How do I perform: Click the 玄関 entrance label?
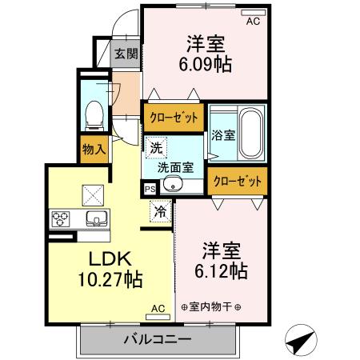click(126, 54)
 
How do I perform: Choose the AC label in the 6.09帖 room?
click(253, 22)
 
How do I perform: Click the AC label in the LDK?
click(158, 308)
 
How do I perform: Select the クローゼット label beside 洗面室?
click(174, 116)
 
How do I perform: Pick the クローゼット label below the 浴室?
click(238, 182)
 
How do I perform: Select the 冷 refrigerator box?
click(161, 212)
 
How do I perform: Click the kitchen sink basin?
click(96, 218)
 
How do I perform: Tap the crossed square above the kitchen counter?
click(90, 192)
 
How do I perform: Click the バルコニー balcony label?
click(157, 339)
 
